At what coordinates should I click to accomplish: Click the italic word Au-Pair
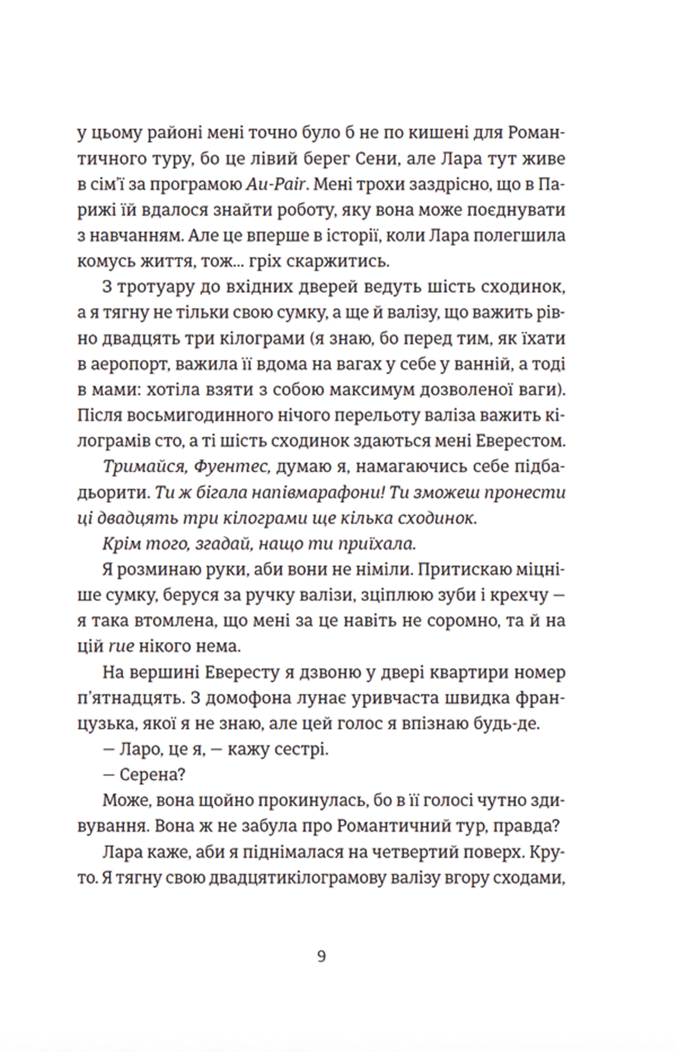coord(277,185)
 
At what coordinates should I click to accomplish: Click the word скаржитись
coord(337,262)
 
